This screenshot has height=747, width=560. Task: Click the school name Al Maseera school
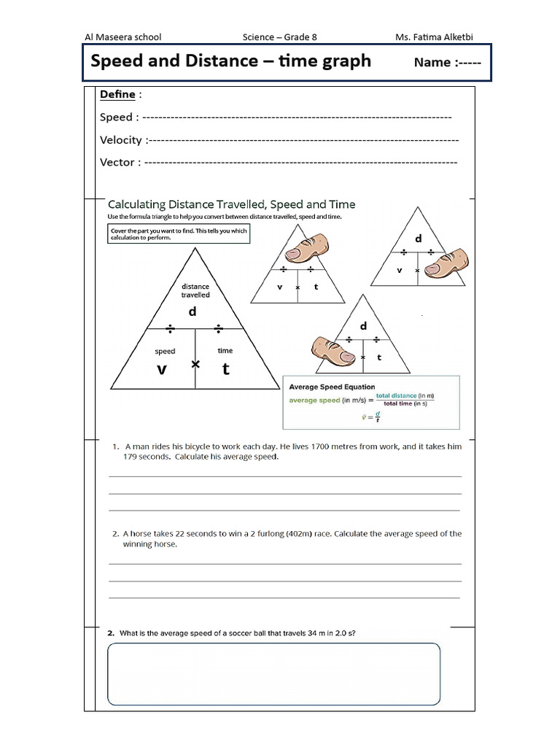[123, 36]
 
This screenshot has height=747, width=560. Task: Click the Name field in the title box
[447, 62]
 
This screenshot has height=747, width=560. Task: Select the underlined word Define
[117, 94]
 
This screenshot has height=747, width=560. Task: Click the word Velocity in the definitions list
[121, 139]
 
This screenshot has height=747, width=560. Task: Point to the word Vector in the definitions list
[117, 162]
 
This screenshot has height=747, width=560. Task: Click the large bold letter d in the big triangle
[193, 311]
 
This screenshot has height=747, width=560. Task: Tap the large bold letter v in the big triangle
[162, 369]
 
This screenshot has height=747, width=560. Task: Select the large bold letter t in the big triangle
[226, 369]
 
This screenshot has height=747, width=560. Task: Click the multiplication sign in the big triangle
[195, 363]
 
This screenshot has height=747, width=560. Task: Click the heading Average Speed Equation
[332, 387]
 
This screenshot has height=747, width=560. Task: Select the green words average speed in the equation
[314, 400]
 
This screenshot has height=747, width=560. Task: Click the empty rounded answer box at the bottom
[273, 673]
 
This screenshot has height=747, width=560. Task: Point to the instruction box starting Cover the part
[178, 234]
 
